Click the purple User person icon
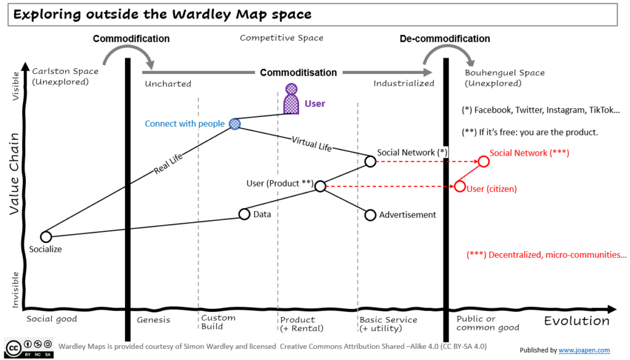[291, 99]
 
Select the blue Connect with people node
[234, 124]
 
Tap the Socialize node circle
[46, 236]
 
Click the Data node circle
[244, 214]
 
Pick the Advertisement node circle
[370, 215]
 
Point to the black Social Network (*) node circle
[370, 161]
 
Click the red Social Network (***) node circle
[483, 161]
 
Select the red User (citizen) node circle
[460, 186]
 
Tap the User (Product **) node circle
[320, 185]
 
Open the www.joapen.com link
[584, 350]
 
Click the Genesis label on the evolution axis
[153, 320]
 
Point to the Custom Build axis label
[218, 322]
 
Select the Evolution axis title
[577, 321]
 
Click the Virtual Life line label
[312, 144]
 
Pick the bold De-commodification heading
[444, 39]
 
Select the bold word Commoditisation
[298, 73]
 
